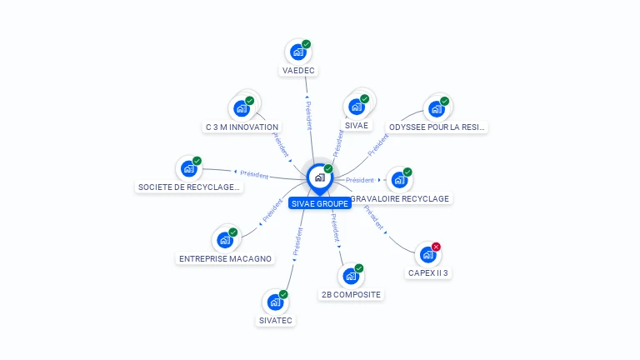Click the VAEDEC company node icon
coord(297,52)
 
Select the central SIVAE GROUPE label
coord(319,203)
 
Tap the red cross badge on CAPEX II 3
coord(436,247)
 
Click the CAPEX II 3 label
coord(428,272)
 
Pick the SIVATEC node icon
coord(275,302)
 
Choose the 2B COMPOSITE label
coord(351,294)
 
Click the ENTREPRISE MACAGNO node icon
coord(225,240)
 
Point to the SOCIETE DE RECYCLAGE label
coord(189,187)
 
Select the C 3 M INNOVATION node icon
coord(242,108)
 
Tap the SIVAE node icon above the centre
coord(357,107)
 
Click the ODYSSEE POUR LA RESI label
coord(437,127)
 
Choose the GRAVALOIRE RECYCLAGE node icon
coord(399,179)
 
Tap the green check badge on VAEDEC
coord(306,44)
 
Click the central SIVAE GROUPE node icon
coord(319,177)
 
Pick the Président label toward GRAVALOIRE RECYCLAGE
coord(360,180)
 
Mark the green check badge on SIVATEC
coord(283,294)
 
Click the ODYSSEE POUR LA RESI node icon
coord(436,108)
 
